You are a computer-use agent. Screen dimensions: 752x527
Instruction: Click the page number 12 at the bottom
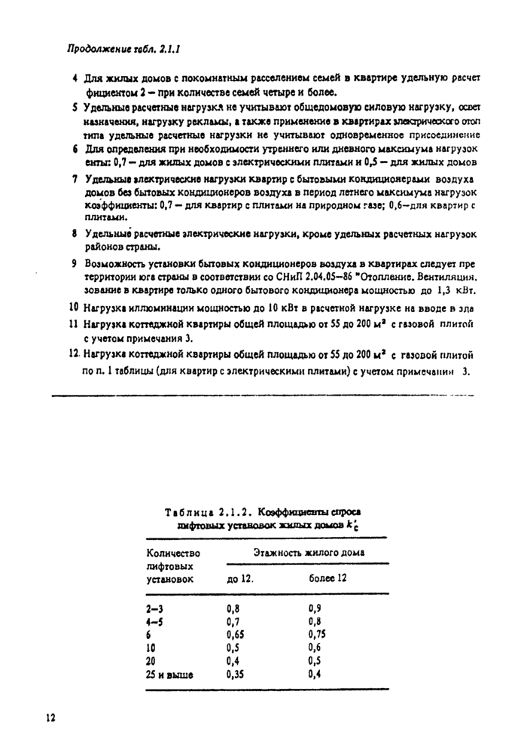point(51,719)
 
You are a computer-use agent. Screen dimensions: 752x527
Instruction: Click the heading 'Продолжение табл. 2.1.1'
point(126,51)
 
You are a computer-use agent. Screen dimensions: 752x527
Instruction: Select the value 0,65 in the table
point(238,634)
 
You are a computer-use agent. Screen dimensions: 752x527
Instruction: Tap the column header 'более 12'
point(327,579)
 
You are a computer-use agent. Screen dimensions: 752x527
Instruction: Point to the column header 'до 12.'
point(240,579)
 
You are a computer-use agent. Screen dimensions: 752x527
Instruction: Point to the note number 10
point(74,307)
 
